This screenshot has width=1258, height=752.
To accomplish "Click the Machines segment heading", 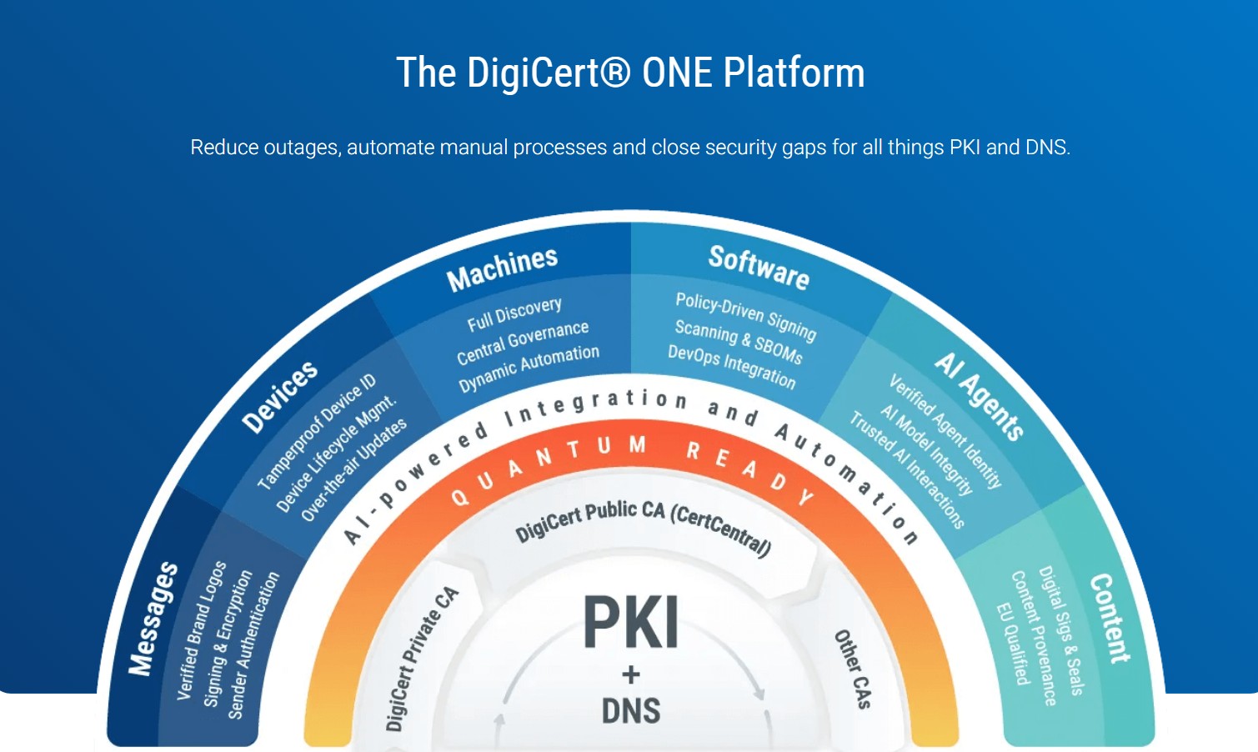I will (x=502, y=269).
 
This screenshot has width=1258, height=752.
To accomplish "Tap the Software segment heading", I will (x=759, y=267).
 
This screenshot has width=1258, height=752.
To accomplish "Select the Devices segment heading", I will (x=279, y=397).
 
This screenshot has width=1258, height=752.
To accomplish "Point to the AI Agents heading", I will (x=979, y=396).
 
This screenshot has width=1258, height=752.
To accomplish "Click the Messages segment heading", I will (x=153, y=619).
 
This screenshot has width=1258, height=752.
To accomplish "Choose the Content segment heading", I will (x=1110, y=618).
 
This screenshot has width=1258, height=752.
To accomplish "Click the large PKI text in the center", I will (x=630, y=623).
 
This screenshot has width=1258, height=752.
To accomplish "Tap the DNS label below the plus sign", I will (x=631, y=711).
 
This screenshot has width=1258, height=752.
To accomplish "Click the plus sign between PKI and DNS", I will (x=631, y=674).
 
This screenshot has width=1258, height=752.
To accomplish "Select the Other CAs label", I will (x=853, y=669).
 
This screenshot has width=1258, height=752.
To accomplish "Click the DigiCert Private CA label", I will (x=422, y=659).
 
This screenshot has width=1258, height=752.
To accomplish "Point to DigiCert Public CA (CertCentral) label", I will (x=643, y=523).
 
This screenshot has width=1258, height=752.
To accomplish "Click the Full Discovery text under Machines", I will (x=514, y=315).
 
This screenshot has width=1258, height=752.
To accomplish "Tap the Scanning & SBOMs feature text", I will (x=739, y=342).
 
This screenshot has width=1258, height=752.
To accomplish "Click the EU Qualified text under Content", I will (x=1013, y=644).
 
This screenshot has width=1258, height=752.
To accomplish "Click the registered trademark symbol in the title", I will (x=615, y=73).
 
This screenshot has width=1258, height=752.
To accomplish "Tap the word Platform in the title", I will (x=794, y=73).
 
